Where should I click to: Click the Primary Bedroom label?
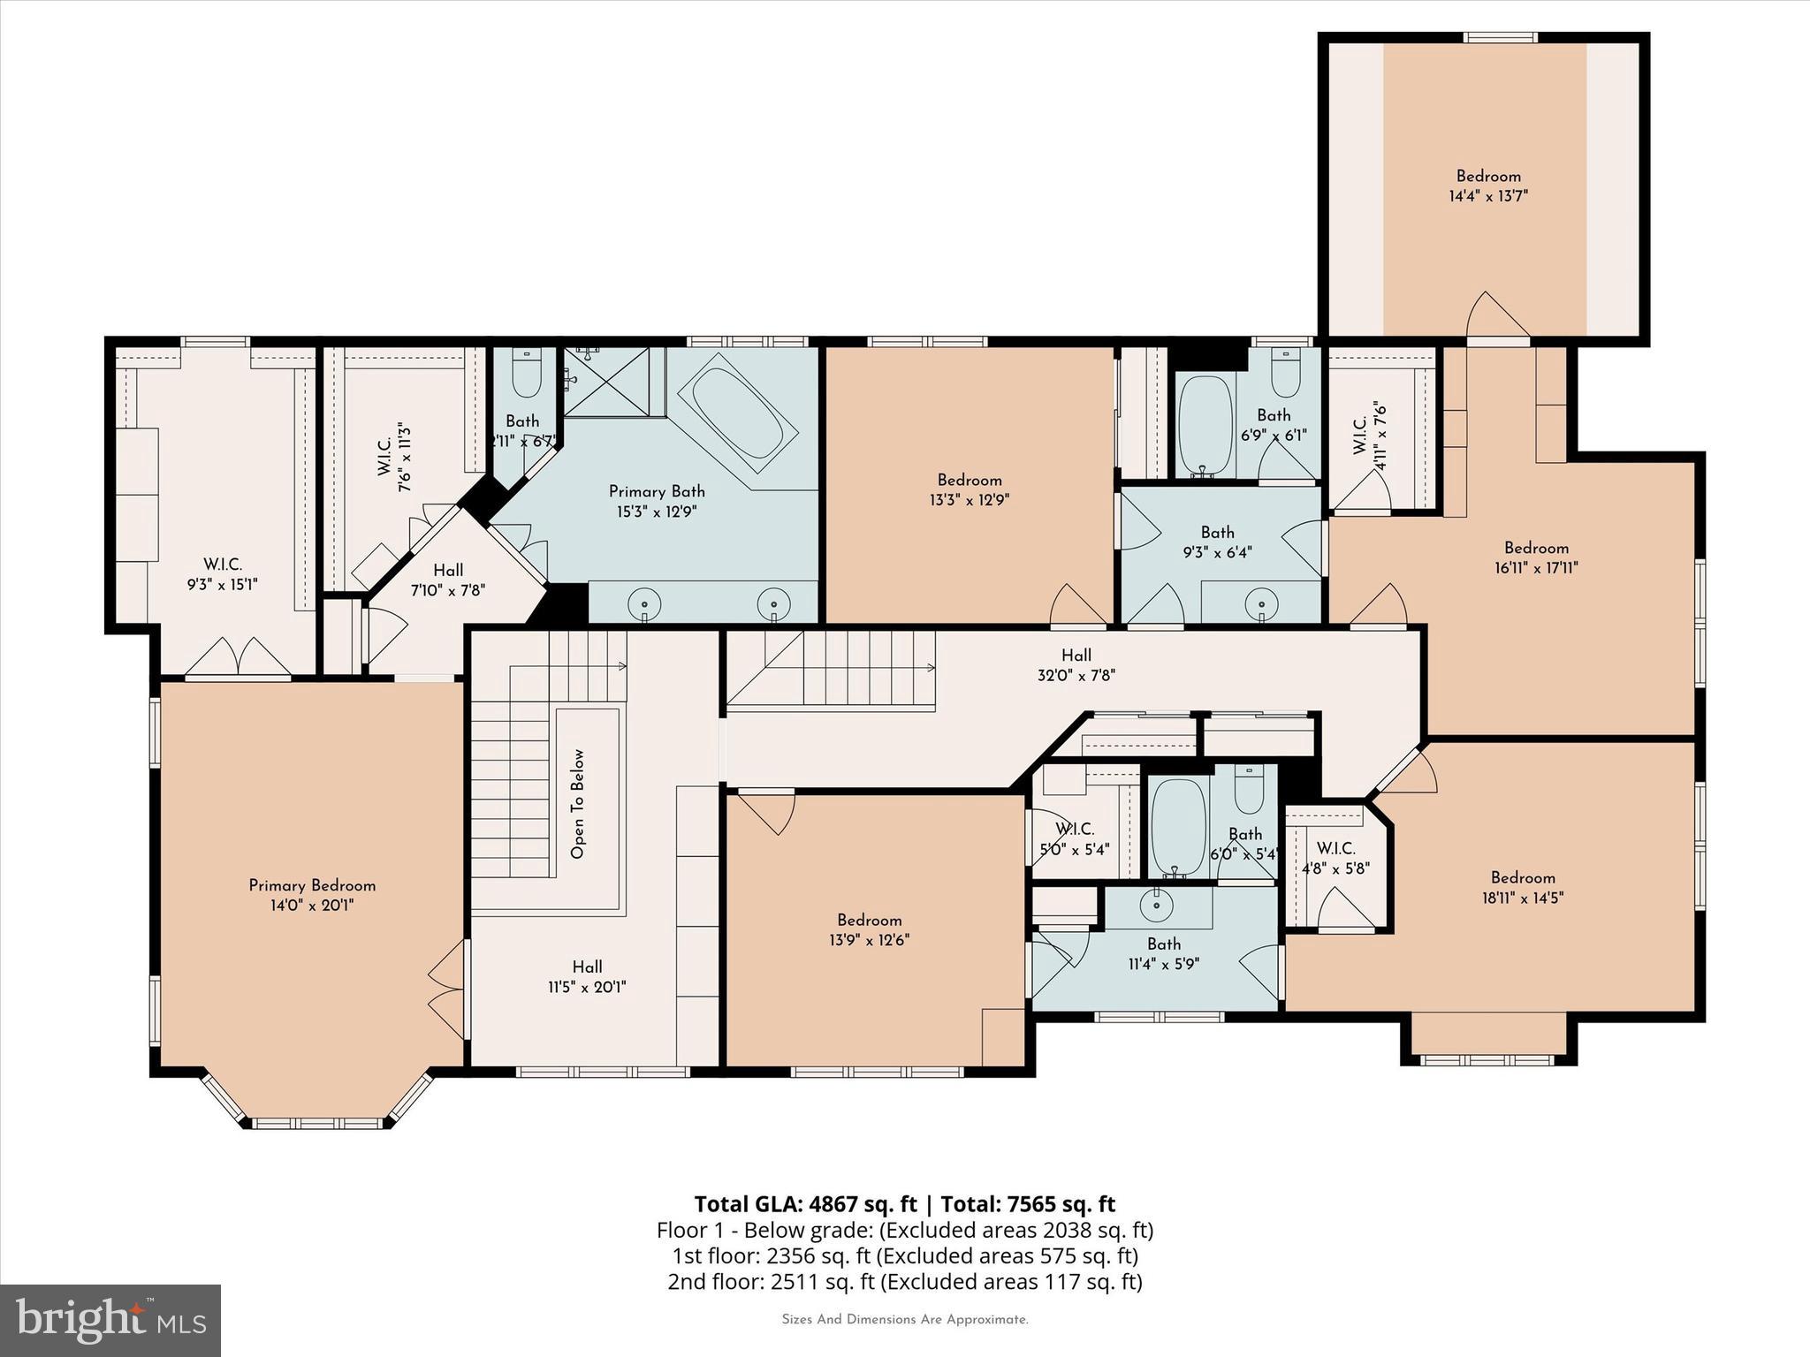pos(312,885)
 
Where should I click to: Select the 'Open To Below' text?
pos(578,804)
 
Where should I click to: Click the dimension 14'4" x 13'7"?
pos(1488,196)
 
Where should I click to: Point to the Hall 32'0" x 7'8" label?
pos(1076,665)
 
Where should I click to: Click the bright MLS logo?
pos(110,1320)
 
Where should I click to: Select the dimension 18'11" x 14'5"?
pos(1522,898)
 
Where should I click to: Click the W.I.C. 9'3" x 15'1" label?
pos(223,574)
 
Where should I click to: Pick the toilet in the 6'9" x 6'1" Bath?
pos(1286,375)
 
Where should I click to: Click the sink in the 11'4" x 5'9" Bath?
pos(1154,904)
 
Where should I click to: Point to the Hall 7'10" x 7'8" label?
pos(448,580)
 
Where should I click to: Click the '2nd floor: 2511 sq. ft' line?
pos(904,1281)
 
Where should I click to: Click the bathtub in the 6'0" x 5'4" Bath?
pos(1178,826)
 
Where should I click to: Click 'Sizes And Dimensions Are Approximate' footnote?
pos(904,1320)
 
